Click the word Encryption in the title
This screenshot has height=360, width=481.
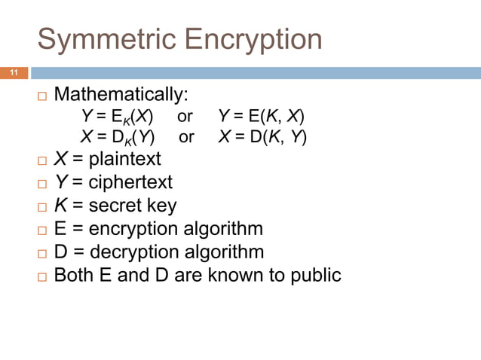tap(252, 40)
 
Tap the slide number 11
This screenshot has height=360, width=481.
tap(13, 73)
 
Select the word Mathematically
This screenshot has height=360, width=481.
tap(121, 96)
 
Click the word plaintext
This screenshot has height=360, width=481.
tap(124, 160)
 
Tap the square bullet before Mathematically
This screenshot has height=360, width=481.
tap(41, 97)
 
